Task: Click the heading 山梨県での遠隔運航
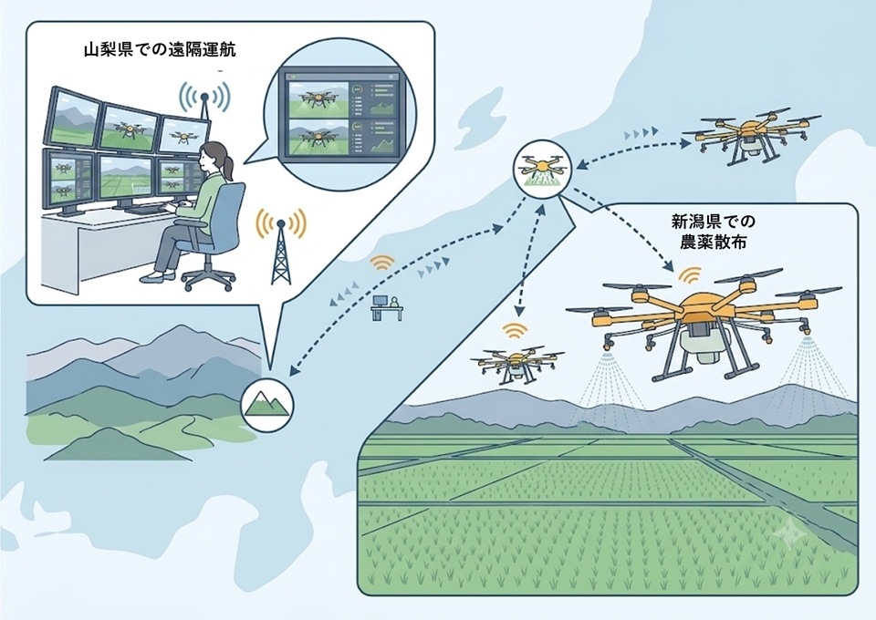click(x=160, y=50)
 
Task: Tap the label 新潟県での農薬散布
click(x=713, y=232)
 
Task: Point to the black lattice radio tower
click(x=280, y=252)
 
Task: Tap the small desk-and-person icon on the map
click(x=387, y=307)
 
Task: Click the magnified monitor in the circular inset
click(x=340, y=115)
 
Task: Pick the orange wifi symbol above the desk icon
click(x=383, y=263)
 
